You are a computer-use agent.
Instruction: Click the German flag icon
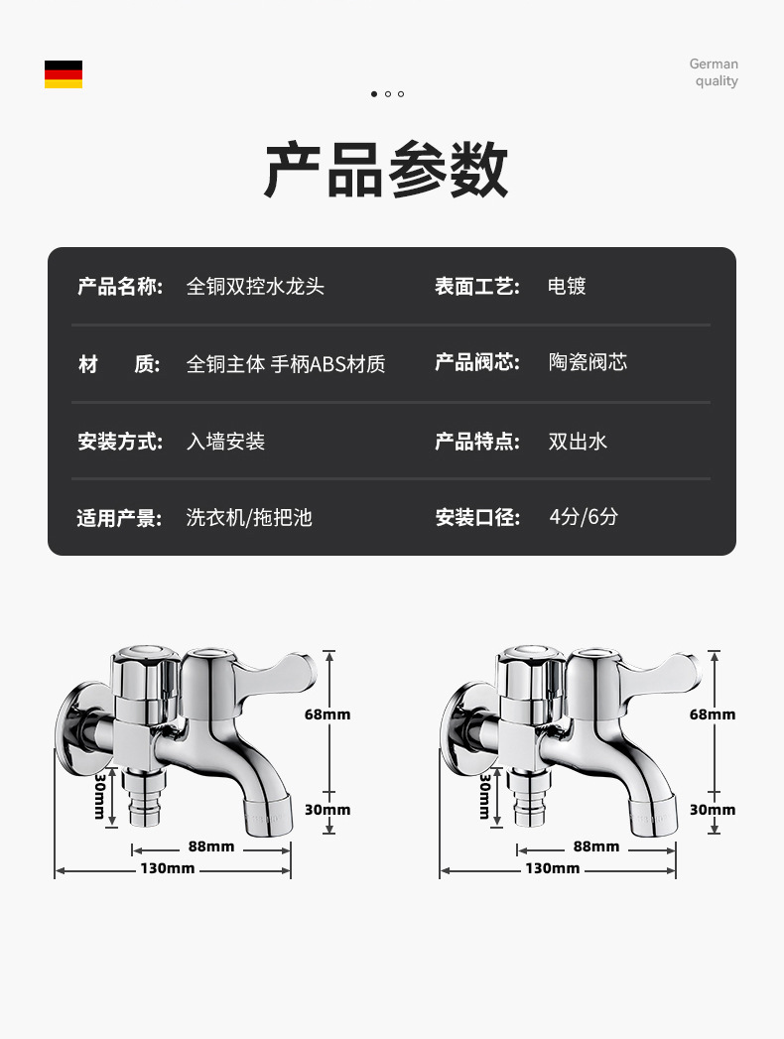[64, 74]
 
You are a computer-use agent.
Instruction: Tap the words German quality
[715, 72]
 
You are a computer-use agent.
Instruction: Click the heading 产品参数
[386, 171]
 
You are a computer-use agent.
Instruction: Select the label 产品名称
[120, 287]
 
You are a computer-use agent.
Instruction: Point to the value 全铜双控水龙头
[255, 287]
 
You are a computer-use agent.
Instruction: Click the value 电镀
[567, 287]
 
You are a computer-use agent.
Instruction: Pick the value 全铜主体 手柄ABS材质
[286, 364]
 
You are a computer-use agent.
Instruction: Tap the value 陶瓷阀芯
[588, 362]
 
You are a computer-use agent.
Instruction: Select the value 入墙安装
[225, 442]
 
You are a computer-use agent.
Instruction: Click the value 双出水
[578, 442]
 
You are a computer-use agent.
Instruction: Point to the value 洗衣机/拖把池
[249, 517]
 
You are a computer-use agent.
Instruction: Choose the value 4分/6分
[584, 516]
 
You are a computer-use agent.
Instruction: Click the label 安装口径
[477, 517]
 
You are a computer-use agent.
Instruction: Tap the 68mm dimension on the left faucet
[327, 714]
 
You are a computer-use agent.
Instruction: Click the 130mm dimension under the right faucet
[553, 868]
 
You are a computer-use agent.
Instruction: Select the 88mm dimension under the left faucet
[211, 846]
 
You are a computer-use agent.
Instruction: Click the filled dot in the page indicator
[374, 94]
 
